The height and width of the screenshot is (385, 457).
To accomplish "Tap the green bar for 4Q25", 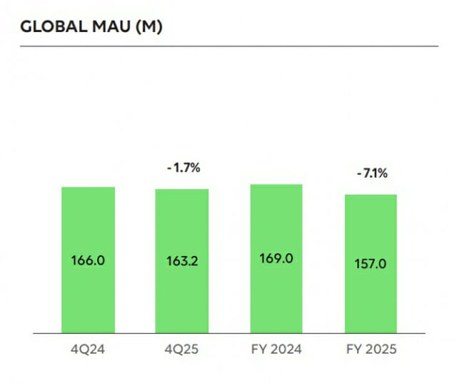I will coord(182,221).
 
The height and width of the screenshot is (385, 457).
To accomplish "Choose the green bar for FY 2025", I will coord(370,228).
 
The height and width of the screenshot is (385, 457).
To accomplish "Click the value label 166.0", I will coord(89,260).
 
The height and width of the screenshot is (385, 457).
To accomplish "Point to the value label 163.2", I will coord(182,261).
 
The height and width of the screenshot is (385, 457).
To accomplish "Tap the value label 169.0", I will coord(276,258).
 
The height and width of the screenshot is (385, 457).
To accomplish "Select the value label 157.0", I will coord(370,263).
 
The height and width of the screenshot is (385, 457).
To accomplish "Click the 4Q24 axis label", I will coord(89,350).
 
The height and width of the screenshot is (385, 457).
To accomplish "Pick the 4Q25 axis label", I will coord(182,350).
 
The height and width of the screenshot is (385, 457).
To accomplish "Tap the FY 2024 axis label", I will coord(276,350).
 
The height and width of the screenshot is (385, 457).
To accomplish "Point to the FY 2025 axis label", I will coord(370,350).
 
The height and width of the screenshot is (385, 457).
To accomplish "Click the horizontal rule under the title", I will coord(228,46).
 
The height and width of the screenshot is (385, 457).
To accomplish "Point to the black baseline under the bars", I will coord(228,333).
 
